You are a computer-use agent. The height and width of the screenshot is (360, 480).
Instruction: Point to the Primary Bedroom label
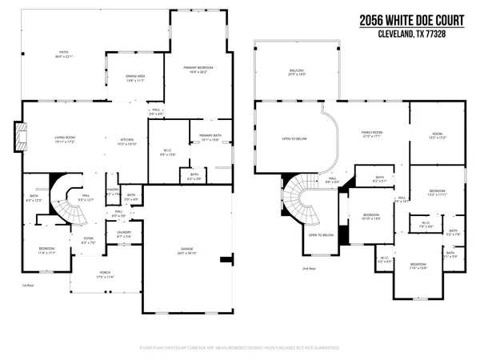(x=196, y=70)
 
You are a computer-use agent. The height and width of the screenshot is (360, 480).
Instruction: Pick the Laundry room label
(x=124, y=235)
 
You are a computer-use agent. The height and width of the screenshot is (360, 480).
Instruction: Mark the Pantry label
(x=114, y=193)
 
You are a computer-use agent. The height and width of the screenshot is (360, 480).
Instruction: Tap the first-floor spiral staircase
(x=67, y=202)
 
